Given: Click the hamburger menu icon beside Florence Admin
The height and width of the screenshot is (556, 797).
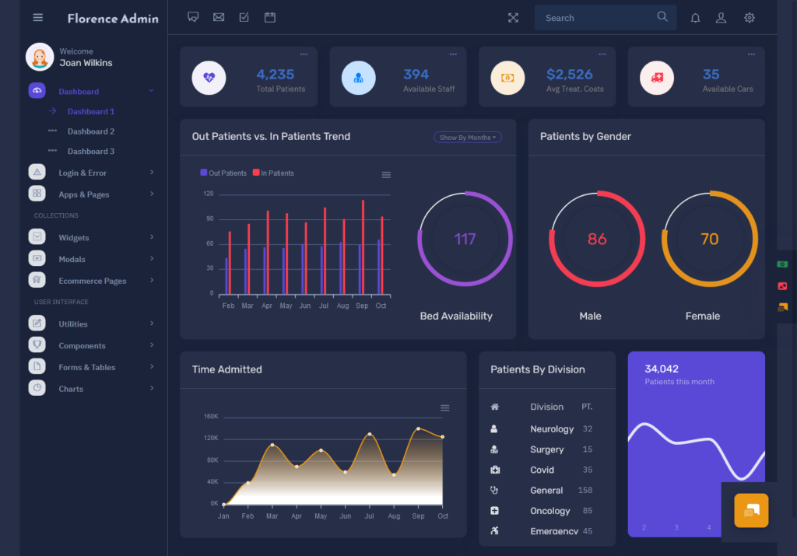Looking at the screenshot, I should click(x=38, y=18).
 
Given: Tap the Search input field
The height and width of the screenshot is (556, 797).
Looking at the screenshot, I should click(x=595, y=18).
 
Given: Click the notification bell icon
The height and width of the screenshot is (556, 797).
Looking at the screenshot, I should click(x=696, y=18).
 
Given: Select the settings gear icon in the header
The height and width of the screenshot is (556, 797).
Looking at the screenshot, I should click(x=750, y=18).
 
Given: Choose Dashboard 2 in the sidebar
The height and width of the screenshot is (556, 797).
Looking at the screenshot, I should click(x=91, y=131).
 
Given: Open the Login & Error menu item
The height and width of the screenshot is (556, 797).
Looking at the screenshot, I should click(x=83, y=173).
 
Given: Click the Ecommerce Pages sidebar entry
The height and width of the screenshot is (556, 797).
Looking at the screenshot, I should click(x=92, y=281).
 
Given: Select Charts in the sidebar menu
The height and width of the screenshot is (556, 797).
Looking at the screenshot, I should click(x=71, y=389).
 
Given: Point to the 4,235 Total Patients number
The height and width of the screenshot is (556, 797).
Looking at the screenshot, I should click(x=276, y=75).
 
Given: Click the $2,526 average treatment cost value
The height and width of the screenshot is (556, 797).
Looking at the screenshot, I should click(x=570, y=75).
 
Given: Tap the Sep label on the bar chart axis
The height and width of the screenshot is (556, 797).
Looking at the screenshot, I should click(x=362, y=306).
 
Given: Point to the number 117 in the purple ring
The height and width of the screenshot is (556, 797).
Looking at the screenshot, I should click(x=465, y=239).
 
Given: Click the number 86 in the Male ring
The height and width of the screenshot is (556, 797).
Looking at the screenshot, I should click(x=597, y=239).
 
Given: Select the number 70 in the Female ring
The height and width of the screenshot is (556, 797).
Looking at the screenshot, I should click(x=709, y=239).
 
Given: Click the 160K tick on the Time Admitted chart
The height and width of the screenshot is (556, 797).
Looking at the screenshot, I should click(x=211, y=417).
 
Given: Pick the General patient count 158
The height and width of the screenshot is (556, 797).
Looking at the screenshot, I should click(x=585, y=491).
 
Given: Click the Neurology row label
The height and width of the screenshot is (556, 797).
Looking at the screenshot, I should click(x=552, y=429).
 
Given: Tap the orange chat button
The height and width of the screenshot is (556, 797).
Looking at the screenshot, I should click(x=751, y=510).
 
